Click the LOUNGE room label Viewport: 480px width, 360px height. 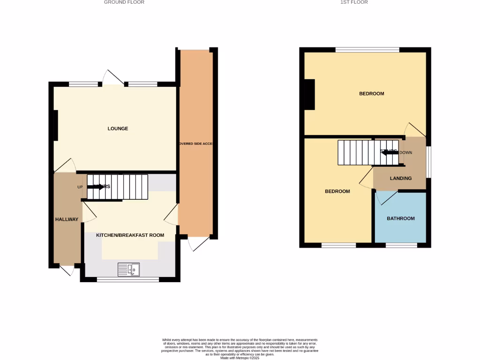[118, 128]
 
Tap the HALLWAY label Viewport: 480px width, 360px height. [67, 219]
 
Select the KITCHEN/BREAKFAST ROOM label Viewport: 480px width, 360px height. [130, 235]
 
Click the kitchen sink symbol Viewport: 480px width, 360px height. [128, 270]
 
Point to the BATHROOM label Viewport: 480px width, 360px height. [401, 218]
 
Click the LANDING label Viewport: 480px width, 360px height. [401, 178]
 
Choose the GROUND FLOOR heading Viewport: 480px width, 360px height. [124, 2]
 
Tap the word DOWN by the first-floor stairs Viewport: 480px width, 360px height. [405, 152]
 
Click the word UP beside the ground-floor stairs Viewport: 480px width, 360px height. [80, 187]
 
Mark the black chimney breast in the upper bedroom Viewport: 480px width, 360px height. [309, 95]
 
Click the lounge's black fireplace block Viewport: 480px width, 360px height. [55, 125]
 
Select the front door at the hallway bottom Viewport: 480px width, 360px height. [67, 270]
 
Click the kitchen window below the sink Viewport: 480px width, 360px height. [128, 279]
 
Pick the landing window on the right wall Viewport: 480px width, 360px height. [428, 162]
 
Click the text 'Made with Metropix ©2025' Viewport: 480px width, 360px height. [240, 358]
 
